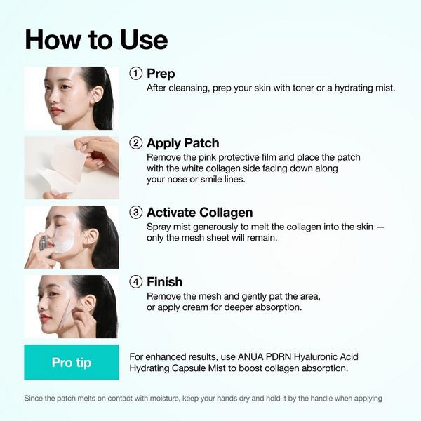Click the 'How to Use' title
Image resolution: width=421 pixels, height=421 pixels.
pyautogui.click(x=96, y=39)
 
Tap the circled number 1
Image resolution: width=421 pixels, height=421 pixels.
pyautogui.click(x=137, y=74)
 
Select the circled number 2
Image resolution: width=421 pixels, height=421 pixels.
pyautogui.click(x=137, y=143)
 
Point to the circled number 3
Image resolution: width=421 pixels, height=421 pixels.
pyautogui.click(x=137, y=213)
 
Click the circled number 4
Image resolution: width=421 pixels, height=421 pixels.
pyautogui.click(x=137, y=282)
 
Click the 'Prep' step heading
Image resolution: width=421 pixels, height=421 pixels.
pyautogui.click(x=161, y=74)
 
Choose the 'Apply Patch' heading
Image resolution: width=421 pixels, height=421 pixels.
pyautogui.click(x=182, y=143)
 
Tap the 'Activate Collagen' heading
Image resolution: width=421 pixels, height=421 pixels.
pyautogui.click(x=199, y=213)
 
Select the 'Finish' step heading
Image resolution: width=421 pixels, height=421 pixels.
pyautogui.click(x=164, y=282)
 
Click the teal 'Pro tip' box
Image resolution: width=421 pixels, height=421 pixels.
pyautogui.click(x=71, y=362)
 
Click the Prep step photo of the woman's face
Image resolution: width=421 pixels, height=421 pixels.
pyautogui.click(x=71, y=98)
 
